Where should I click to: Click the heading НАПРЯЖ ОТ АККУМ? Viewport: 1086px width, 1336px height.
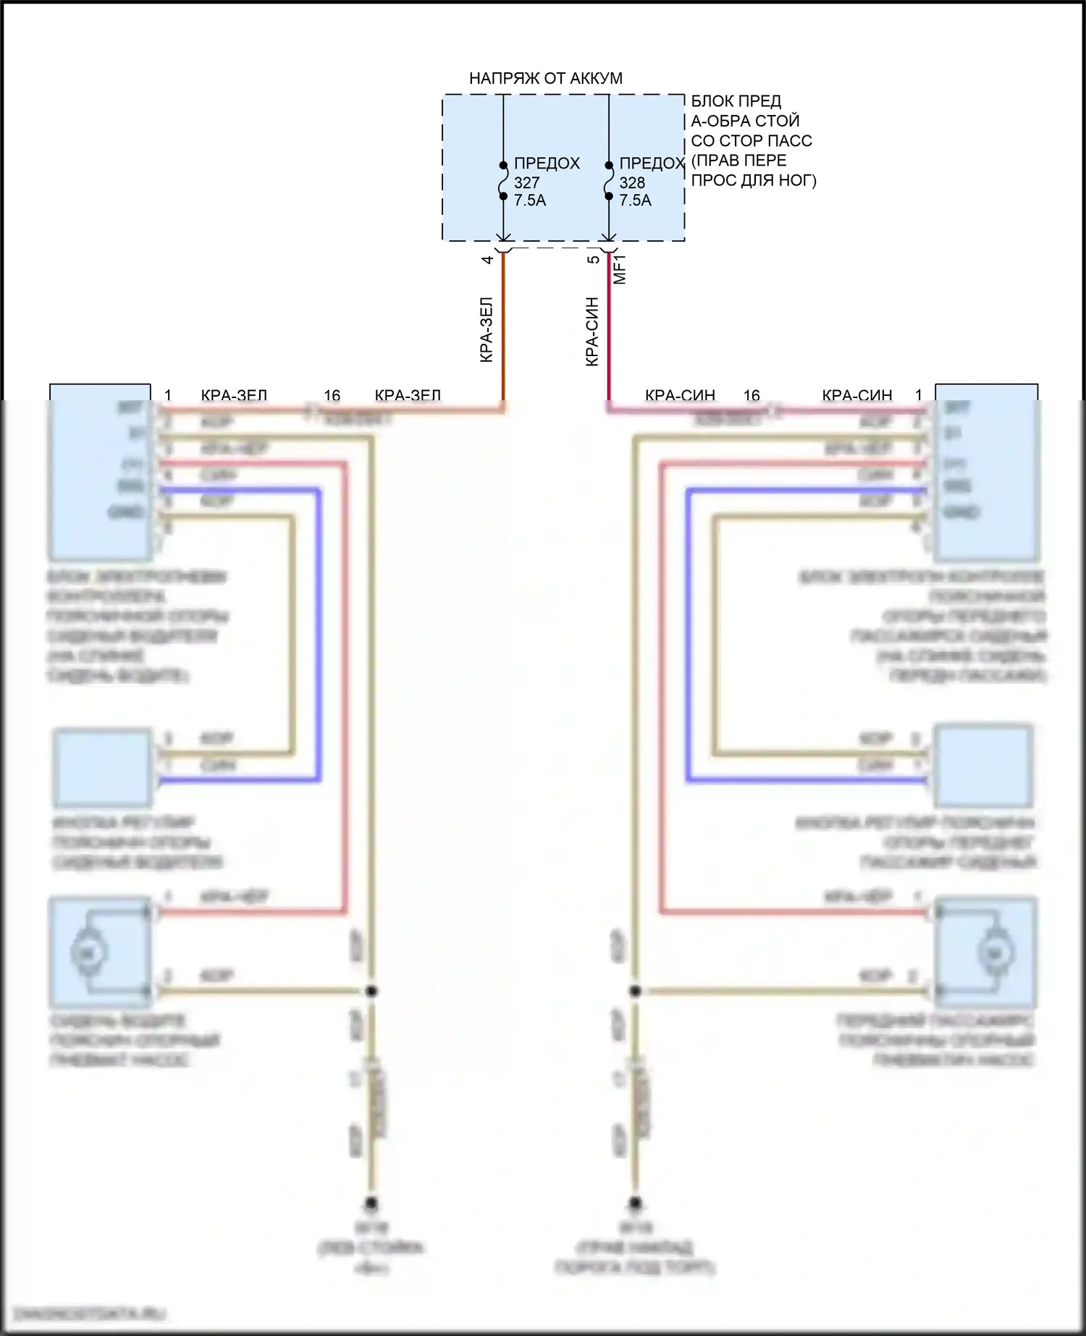point(545,78)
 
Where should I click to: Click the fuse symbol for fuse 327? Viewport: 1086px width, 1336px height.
point(503,180)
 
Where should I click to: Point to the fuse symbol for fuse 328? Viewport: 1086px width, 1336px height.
point(608,180)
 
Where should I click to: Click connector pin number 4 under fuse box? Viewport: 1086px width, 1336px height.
point(488,259)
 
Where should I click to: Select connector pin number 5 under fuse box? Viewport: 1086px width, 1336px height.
point(593,259)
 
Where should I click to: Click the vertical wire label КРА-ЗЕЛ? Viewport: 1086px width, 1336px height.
point(487,329)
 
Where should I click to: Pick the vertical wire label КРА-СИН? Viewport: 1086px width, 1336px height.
point(592,331)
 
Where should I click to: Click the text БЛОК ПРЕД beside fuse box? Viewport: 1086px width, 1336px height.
point(736,101)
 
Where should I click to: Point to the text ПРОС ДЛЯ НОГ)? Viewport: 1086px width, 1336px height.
point(753,180)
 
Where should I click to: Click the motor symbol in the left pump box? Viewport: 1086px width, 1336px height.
point(88,952)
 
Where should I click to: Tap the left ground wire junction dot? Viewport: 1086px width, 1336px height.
point(371,991)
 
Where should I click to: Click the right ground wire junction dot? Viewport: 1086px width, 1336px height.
point(635,991)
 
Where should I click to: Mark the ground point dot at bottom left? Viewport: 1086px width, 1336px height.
point(371,1203)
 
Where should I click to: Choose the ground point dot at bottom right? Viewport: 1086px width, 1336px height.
point(635,1203)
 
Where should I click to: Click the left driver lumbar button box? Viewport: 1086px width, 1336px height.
point(103,768)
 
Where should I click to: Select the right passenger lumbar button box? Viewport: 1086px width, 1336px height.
point(982,766)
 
